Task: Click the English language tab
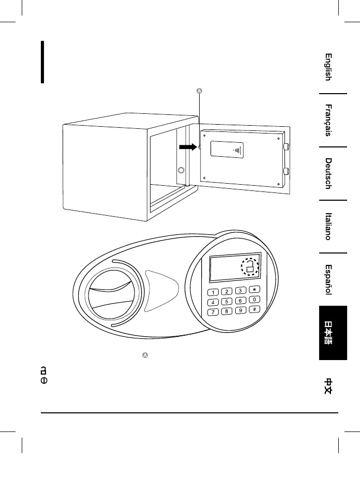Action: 328,67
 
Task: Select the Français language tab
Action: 328,121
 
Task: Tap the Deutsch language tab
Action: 328,174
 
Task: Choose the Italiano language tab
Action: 328,227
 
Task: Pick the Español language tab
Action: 328,280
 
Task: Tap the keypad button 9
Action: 240,310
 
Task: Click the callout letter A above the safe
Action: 200,92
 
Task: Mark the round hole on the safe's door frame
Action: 181,170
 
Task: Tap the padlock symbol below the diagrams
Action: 44,370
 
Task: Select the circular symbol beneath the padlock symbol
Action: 44,380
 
